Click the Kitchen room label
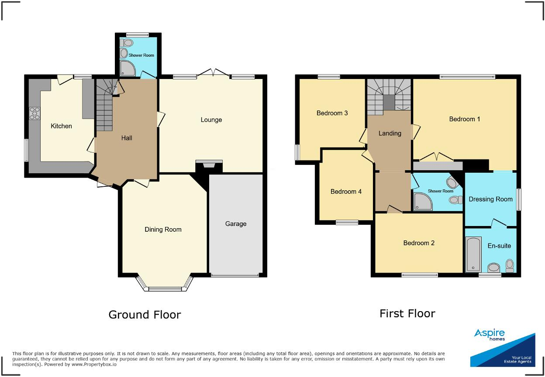pyautogui.click(x=61, y=126)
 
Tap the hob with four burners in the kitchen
pyautogui.click(x=34, y=113)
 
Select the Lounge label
pyautogui.click(x=211, y=120)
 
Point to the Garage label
pyautogui.click(x=235, y=224)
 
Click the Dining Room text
pyautogui.click(x=163, y=230)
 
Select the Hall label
pyautogui.click(x=127, y=138)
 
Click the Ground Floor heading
pyautogui.click(x=145, y=315)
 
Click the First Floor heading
pyautogui.click(x=407, y=313)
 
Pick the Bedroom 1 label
pyautogui.click(x=465, y=119)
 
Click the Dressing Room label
pyautogui.click(x=490, y=199)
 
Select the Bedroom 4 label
pyautogui.click(x=346, y=192)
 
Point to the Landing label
pyautogui.click(x=390, y=133)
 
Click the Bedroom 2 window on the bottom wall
pyautogui.click(x=419, y=275)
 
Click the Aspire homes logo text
pyautogui.click(x=490, y=335)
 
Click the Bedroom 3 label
pyautogui.click(x=332, y=113)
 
